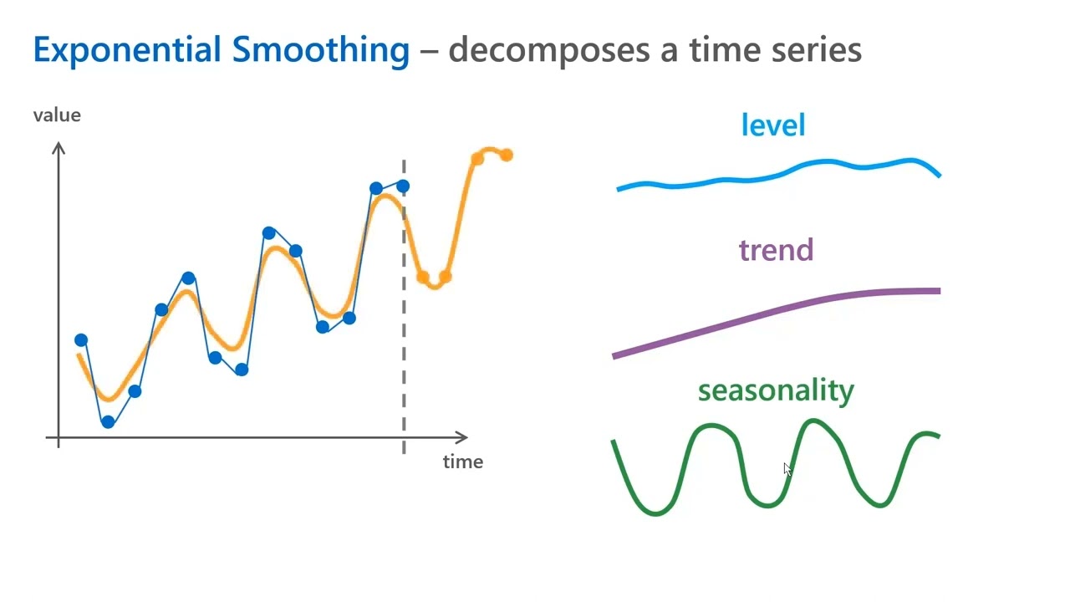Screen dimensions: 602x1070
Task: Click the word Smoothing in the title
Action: point(321,50)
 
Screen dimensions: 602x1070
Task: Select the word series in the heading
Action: point(817,50)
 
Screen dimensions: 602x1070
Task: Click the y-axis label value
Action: point(57,115)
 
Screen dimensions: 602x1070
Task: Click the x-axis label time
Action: point(462,462)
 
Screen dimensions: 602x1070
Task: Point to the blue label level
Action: point(773,125)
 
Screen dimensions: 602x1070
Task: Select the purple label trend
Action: point(776,250)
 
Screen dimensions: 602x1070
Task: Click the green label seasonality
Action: point(776,390)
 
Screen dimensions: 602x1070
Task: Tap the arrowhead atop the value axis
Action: point(59,148)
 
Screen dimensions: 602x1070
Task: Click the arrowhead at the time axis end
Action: point(462,437)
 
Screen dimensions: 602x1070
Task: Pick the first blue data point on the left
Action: point(81,340)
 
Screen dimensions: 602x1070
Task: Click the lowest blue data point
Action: point(108,422)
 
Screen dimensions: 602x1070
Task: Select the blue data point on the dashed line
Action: point(403,186)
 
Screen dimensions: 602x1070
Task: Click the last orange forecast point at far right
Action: point(507,156)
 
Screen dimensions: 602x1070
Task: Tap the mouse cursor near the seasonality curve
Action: point(787,469)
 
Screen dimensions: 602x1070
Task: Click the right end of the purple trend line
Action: point(938,291)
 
